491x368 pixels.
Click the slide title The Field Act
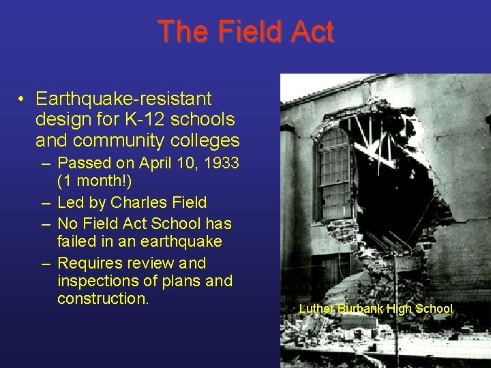coord(245,32)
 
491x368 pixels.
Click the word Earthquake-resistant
coord(123,99)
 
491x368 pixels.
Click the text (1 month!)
coord(95,182)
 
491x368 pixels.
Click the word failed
coord(77,242)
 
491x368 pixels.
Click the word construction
coord(102,298)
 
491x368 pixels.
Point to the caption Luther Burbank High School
coord(375,309)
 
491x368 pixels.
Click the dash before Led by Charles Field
coord(44,203)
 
